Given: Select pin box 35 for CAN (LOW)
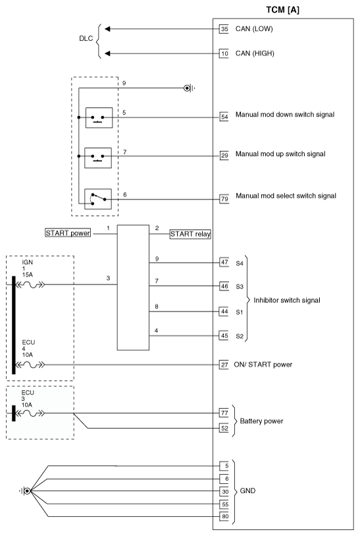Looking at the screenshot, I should click(x=224, y=29).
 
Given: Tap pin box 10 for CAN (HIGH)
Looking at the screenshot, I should click(x=224, y=53).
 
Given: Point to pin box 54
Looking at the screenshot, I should click(x=224, y=116).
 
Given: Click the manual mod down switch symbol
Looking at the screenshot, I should click(x=98, y=119).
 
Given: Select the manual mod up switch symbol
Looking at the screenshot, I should click(x=98, y=157).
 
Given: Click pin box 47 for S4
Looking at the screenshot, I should click(x=224, y=262).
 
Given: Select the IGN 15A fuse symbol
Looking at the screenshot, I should click(x=31, y=286).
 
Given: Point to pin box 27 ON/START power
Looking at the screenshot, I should click(x=224, y=364).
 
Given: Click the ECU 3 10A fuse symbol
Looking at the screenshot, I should click(x=31, y=414).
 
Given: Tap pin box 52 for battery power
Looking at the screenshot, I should click(x=224, y=429).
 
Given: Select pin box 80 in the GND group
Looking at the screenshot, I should click(x=224, y=516).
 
